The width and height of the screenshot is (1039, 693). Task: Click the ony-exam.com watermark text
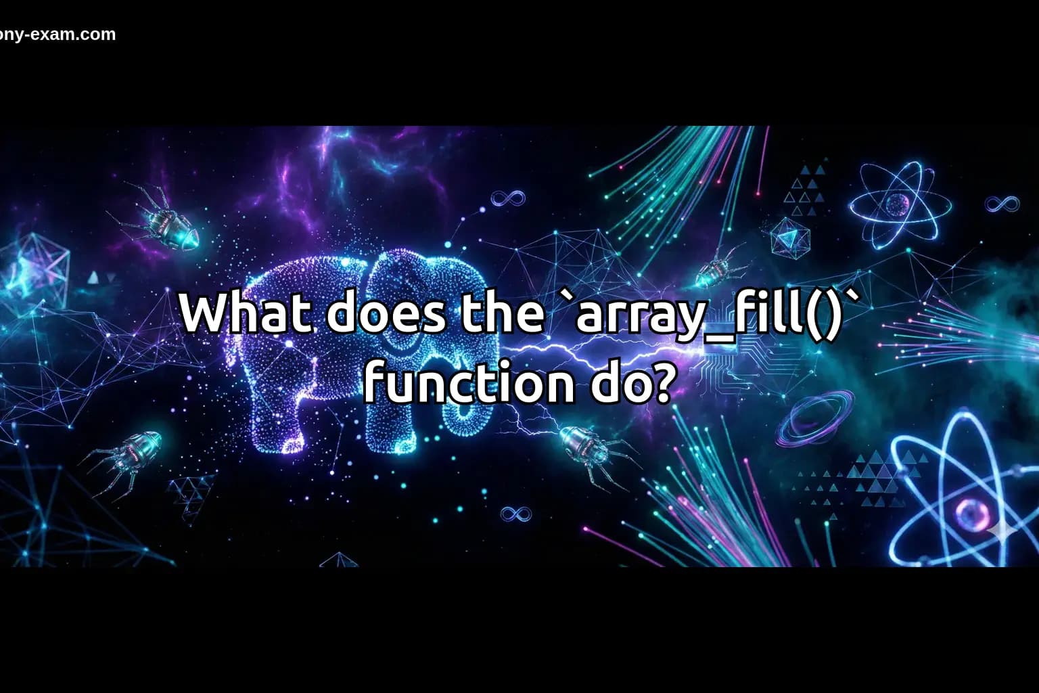pos(58,35)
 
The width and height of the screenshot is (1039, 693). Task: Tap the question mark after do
pos(659,383)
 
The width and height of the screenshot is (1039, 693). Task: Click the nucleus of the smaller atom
pos(898,203)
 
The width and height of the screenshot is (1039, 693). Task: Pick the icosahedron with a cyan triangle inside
pos(789,238)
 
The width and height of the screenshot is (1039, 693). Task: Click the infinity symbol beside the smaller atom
pos(1002,203)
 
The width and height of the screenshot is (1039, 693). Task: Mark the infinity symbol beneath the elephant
pos(515,514)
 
